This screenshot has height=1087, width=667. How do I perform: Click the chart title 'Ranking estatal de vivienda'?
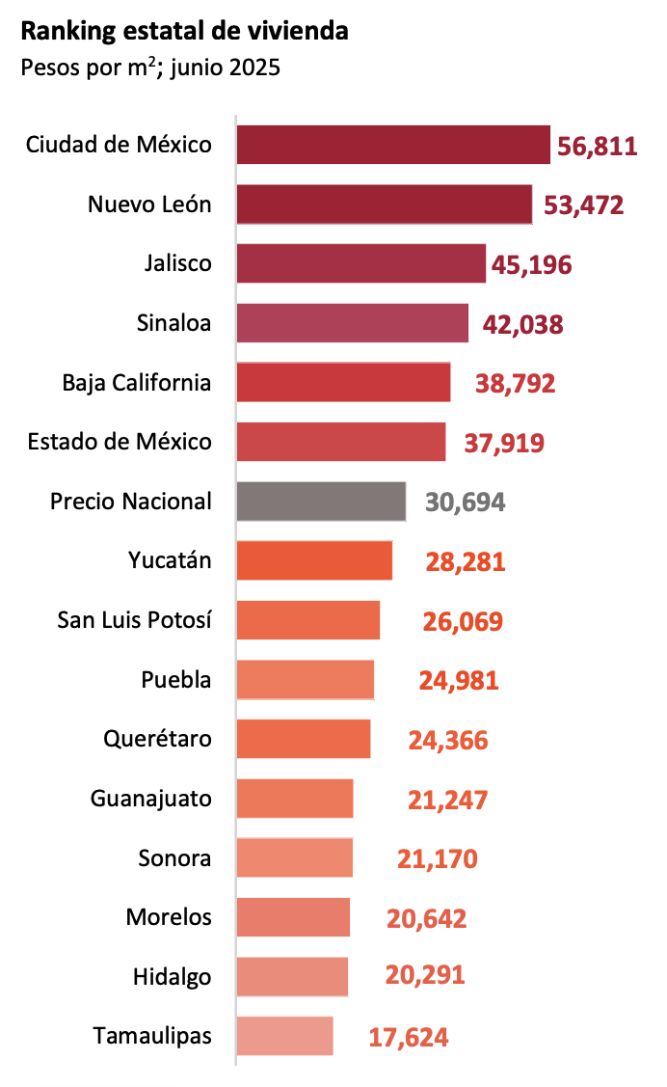(184, 32)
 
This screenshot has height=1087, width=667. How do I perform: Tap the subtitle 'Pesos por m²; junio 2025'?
(149, 68)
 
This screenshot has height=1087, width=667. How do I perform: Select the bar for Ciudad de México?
(393, 145)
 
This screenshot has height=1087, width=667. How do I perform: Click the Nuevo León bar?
(385, 204)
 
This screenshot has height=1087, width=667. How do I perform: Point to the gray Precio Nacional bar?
(321, 502)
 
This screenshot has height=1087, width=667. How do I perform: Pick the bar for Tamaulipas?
(284, 1036)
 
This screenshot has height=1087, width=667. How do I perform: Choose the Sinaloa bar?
(353, 323)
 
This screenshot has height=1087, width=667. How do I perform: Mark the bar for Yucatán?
(314, 560)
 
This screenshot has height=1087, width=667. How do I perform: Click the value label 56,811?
(598, 147)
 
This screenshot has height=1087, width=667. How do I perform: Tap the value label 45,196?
(531, 264)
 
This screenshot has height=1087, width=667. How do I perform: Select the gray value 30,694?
(465, 503)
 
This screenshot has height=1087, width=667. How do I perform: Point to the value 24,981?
(459, 681)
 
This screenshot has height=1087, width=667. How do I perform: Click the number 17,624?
(409, 1038)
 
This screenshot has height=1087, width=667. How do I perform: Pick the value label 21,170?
(438, 858)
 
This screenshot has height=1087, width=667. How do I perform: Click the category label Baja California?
(137, 383)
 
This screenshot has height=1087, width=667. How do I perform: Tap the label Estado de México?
(120, 442)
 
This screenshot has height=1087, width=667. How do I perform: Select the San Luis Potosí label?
(135, 620)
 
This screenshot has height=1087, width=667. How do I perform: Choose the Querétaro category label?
(157, 740)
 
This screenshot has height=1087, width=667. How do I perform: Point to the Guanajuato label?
(150, 799)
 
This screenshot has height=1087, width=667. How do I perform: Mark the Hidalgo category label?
(172, 977)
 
